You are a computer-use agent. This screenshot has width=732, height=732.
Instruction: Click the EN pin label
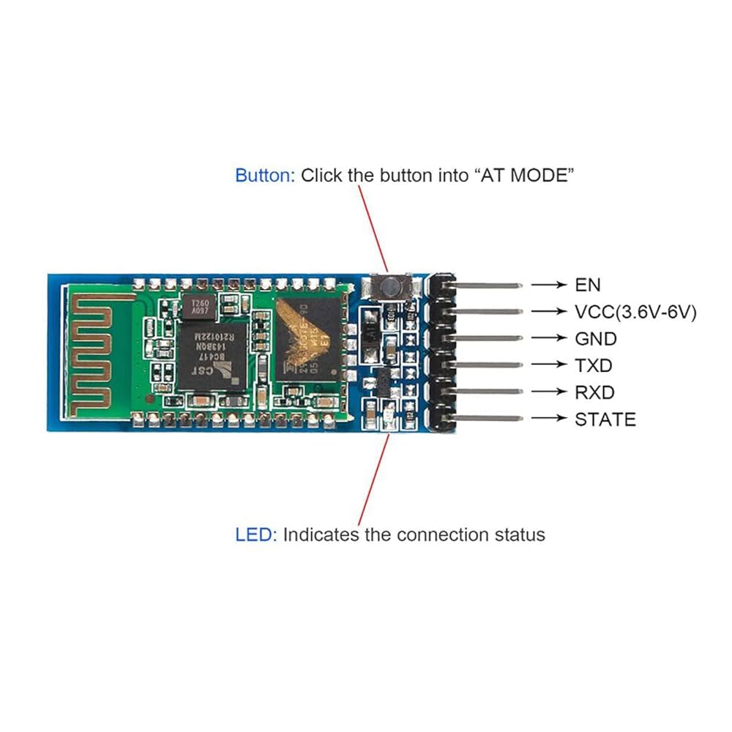(587, 284)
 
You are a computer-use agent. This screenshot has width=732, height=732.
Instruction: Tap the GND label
(596, 338)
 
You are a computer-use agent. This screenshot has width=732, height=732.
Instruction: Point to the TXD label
(594, 365)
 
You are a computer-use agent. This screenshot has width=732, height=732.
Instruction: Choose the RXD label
(594, 392)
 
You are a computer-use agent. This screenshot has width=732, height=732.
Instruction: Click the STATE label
(605, 419)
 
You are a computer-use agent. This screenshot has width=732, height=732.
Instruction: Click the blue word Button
(263, 176)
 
